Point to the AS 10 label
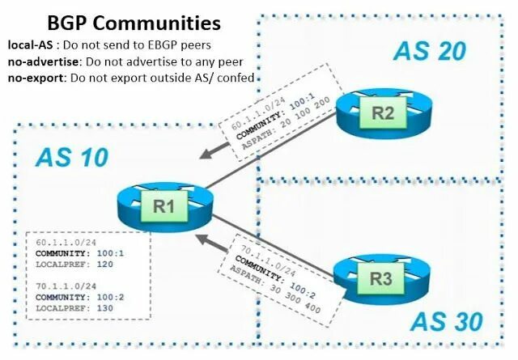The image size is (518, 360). tap(72, 156)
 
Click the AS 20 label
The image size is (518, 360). tap(430, 50)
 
